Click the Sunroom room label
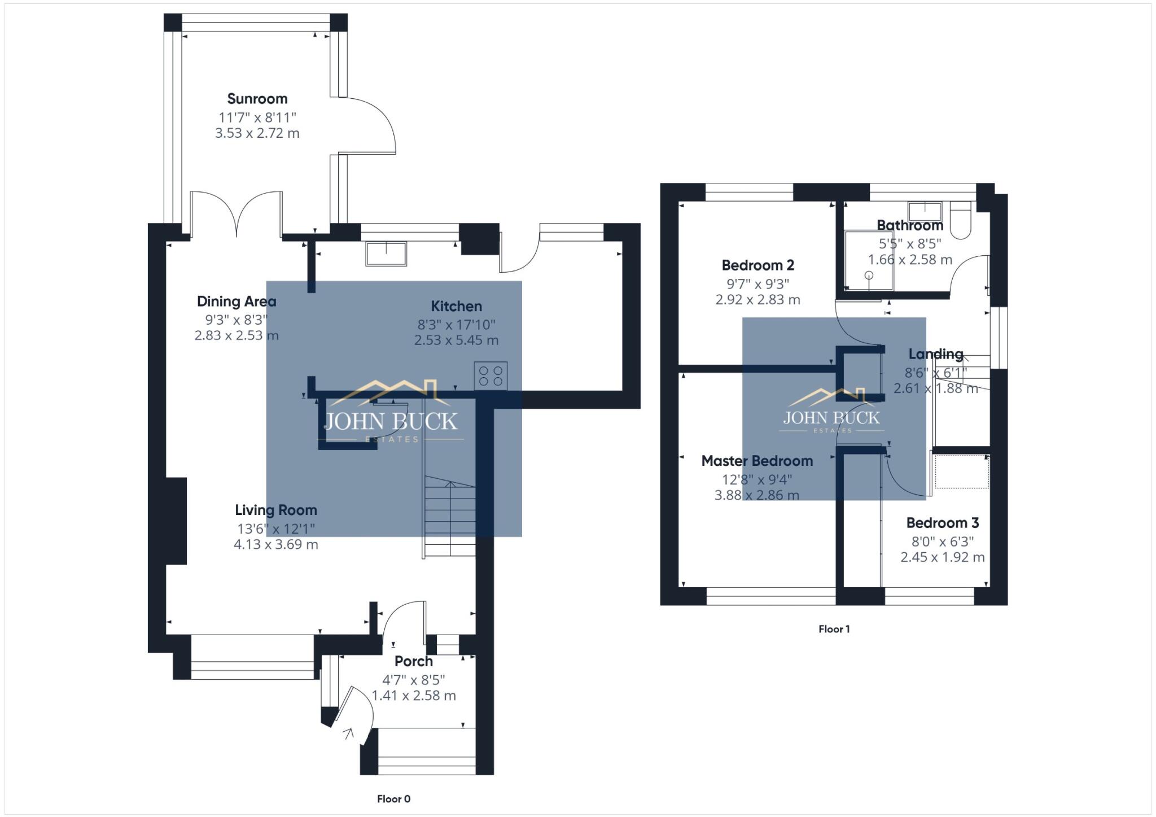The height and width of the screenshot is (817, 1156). coord(257,99)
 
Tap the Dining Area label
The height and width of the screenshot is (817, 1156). coord(237,302)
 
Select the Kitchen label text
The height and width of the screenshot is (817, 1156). coord(456,307)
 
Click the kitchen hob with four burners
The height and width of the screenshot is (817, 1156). coord(491,376)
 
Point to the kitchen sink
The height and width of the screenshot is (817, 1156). coord(386,254)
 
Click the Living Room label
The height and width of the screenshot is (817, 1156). coord(276,510)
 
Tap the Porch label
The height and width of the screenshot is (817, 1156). coord(414,661)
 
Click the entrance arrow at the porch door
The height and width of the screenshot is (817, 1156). coord(348,733)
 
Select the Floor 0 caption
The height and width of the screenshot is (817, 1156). coord(393,799)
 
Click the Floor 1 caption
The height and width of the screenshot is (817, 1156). coord(834,629)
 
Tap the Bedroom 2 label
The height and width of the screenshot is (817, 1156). coord(757,265)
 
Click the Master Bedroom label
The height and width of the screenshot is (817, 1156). coord(757,461)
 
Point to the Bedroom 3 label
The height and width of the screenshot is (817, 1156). coord(942,523)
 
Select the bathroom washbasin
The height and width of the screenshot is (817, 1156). coord(925,211)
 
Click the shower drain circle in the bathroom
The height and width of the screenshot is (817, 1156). coord(869,276)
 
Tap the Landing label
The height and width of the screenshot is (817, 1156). coord(935,355)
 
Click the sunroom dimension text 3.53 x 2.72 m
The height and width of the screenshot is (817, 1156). coord(257,133)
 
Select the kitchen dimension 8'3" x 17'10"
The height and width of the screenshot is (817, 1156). coord(456,325)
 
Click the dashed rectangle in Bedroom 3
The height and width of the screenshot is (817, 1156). coord(962,472)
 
